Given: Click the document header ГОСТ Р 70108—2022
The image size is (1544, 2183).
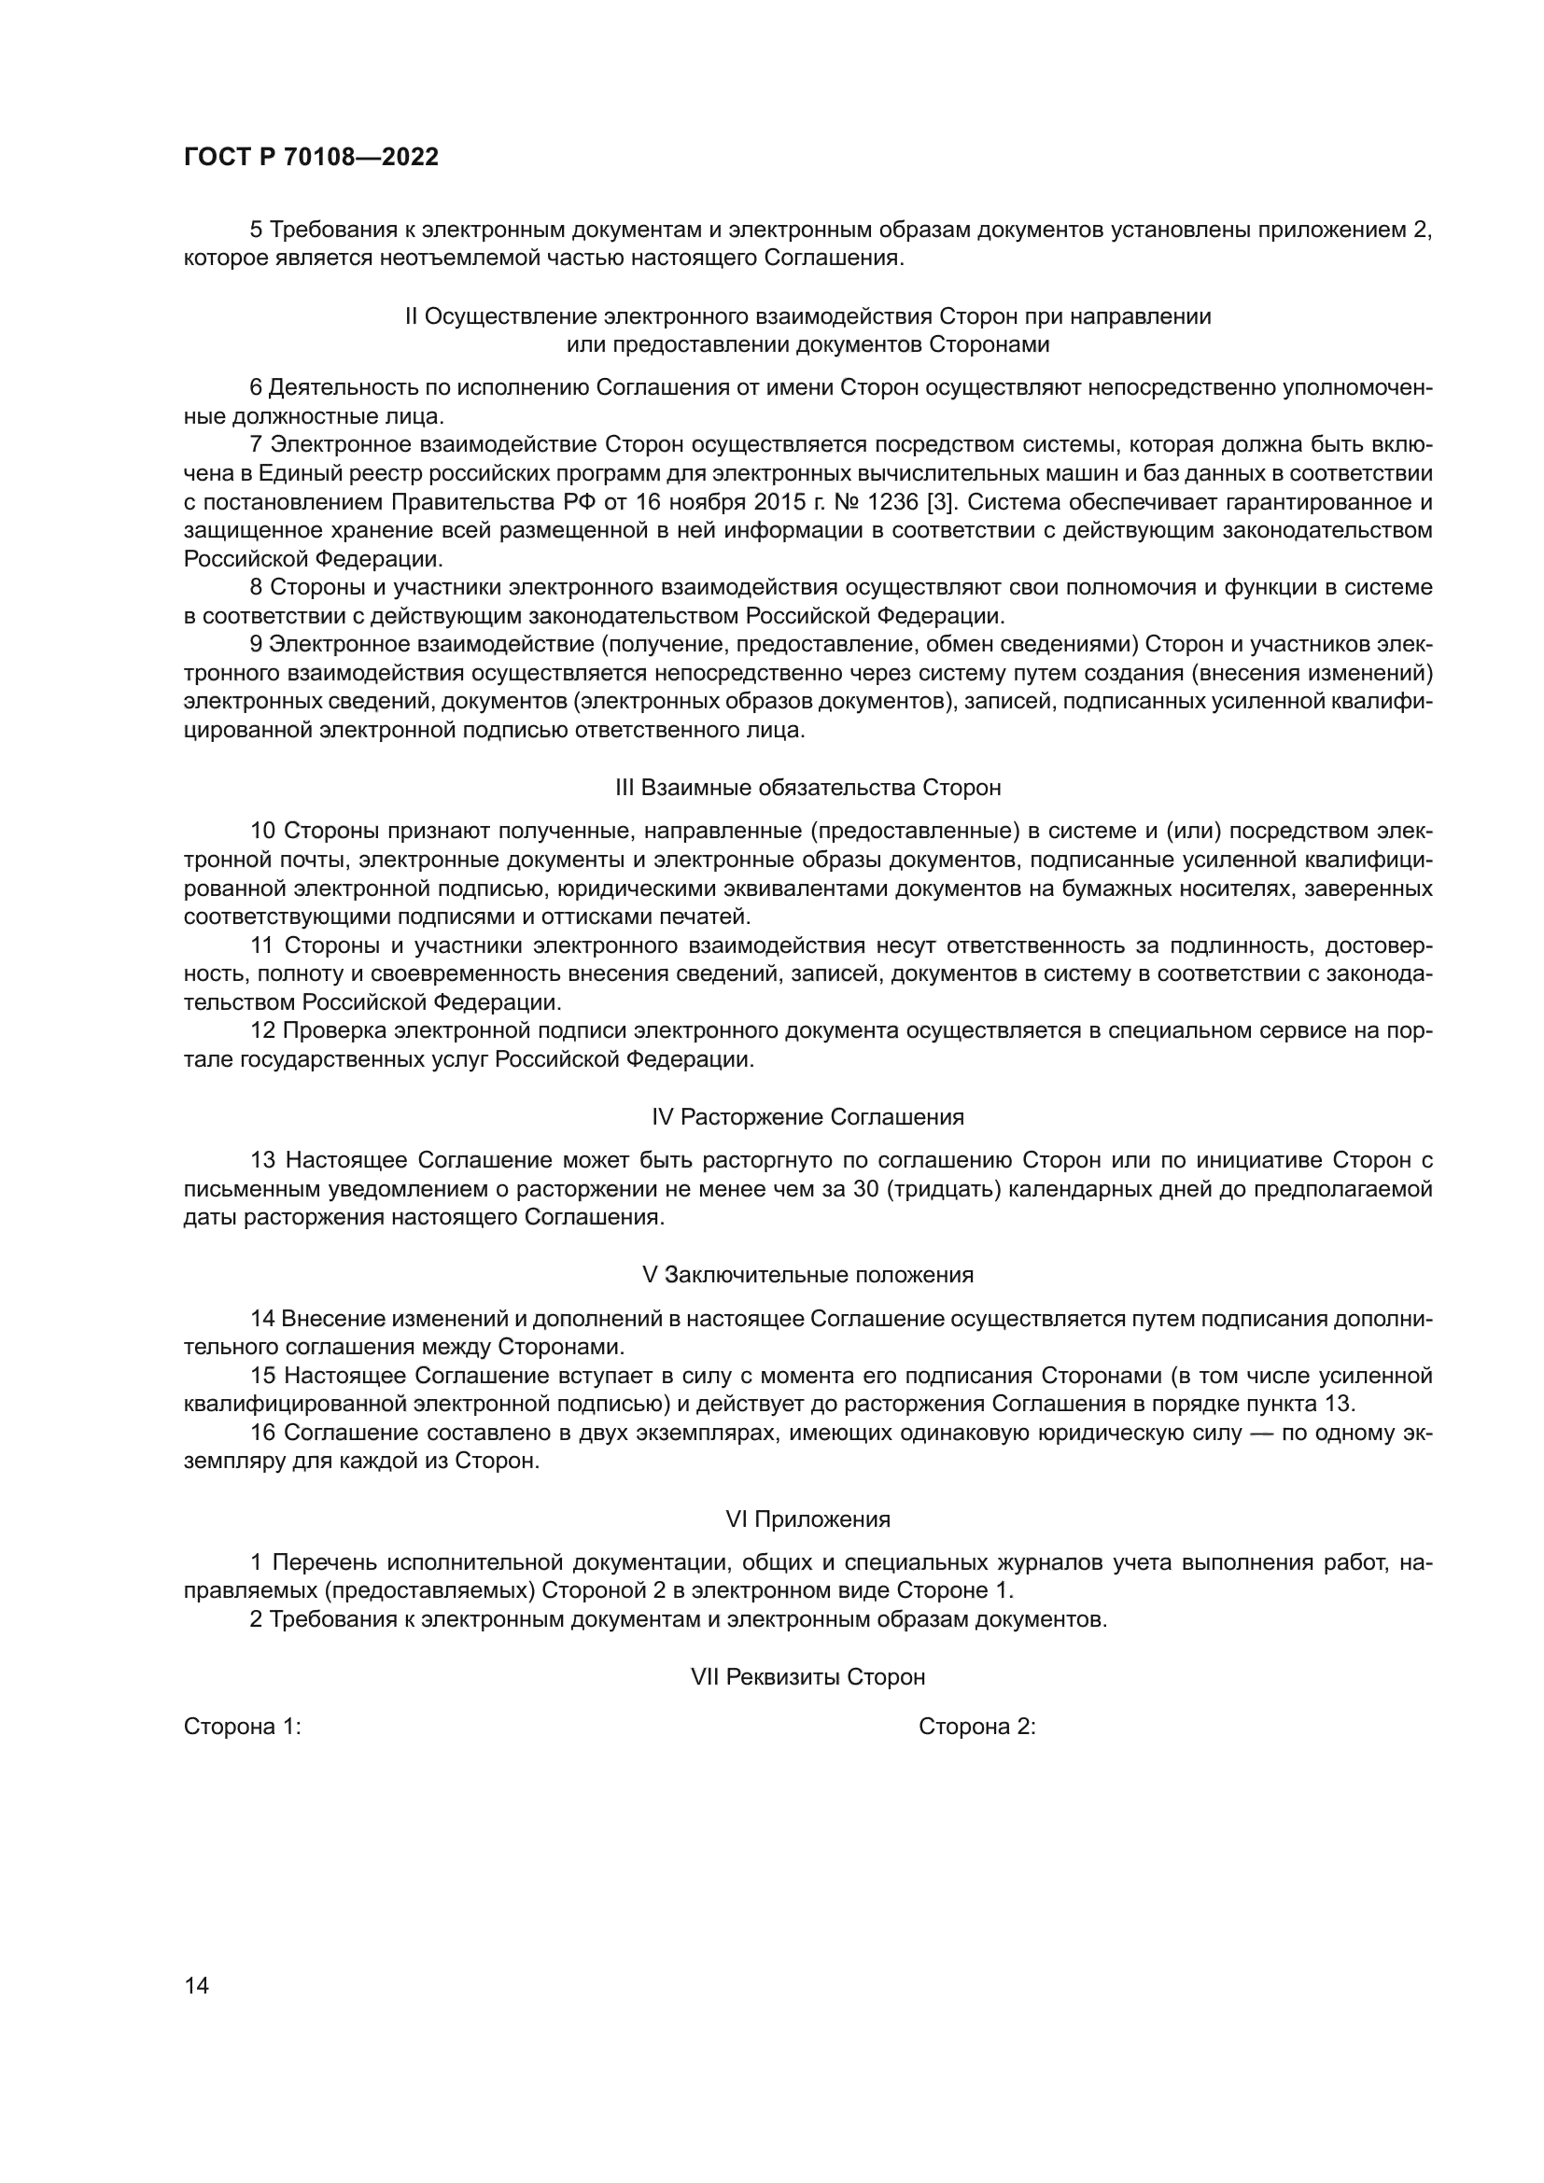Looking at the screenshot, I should (x=311, y=158).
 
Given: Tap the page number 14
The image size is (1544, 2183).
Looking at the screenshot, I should (x=196, y=1985).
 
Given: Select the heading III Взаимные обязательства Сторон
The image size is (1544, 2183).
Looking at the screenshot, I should (x=808, y=788).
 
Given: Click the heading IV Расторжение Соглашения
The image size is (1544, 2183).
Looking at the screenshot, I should (x=808, y=1116).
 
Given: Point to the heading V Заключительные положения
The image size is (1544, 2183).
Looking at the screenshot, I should (x=808, y=1274).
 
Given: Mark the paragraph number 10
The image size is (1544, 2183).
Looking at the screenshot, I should (x=263, y=830).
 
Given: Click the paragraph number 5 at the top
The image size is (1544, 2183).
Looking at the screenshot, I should (x=257, y=230).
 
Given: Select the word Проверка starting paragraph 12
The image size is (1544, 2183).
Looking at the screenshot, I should (x=335, y=1030).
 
